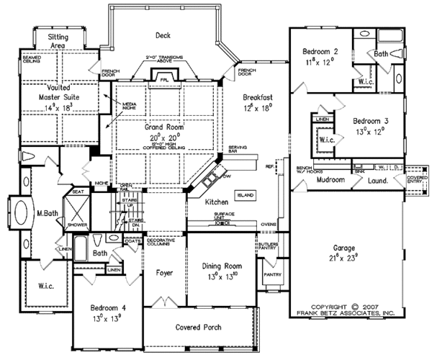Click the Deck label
[x=161, y=35]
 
